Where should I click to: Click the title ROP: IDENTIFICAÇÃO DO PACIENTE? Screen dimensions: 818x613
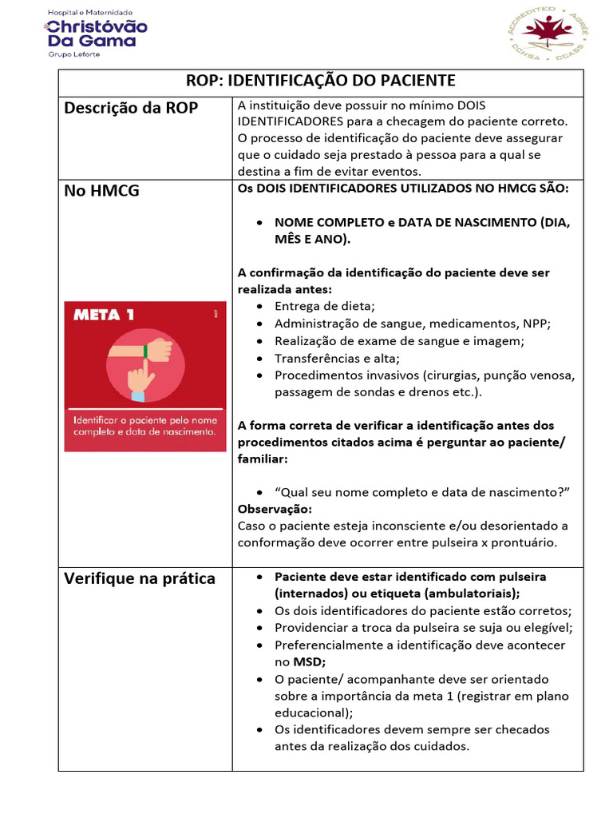click(320, 81)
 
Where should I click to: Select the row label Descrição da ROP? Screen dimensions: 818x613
click(131, 108)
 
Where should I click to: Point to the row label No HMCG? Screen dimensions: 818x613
click(101, 191)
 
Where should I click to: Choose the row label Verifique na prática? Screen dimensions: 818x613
click(140, 578)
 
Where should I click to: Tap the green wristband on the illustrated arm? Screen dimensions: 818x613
click(146, 350)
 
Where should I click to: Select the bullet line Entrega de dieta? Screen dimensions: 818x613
click(324, 306)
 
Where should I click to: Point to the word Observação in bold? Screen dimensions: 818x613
click(275, 509)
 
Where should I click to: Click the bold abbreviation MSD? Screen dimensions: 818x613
click(309, 661)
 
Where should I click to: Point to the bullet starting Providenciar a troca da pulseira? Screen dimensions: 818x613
click(423, 628)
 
